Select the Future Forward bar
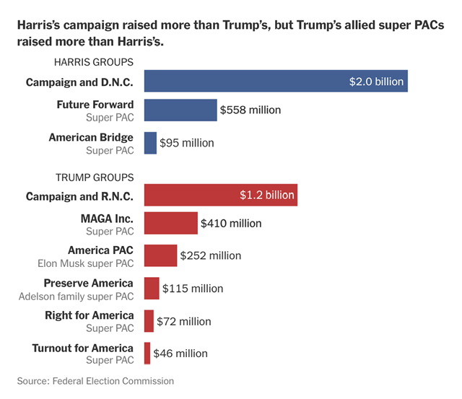[180, 110]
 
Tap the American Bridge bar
[150, 143]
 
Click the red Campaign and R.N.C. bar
[220, 195]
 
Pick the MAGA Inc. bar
[171, 224]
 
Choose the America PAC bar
[160, 255]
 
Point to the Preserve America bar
[152, 288]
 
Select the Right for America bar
[149, 321]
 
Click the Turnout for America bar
[147, 354]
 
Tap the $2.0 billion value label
[376, 82]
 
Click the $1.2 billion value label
[267, 195]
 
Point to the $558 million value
[250, 110]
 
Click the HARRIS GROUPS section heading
[94, 63]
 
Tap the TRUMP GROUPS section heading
[95, 177]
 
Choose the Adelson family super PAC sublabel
[76, 296]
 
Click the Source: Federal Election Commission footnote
[96, 380]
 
